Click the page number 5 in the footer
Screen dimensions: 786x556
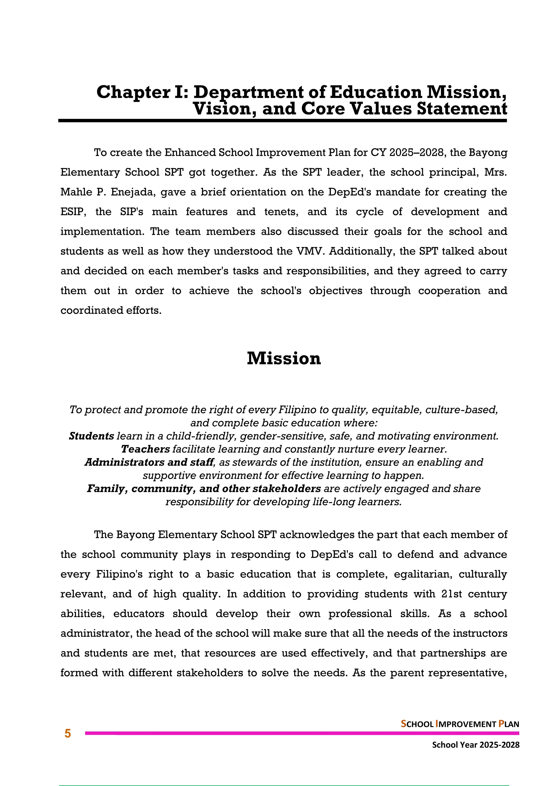coord(67,734)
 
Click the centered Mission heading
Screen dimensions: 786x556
coord(283,359)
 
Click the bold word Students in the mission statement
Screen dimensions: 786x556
coord(91,436)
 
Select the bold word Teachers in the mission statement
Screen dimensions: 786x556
coord(145,449)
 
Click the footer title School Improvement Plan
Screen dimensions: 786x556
coord(460,724)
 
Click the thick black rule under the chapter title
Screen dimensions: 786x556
coord(282,121)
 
